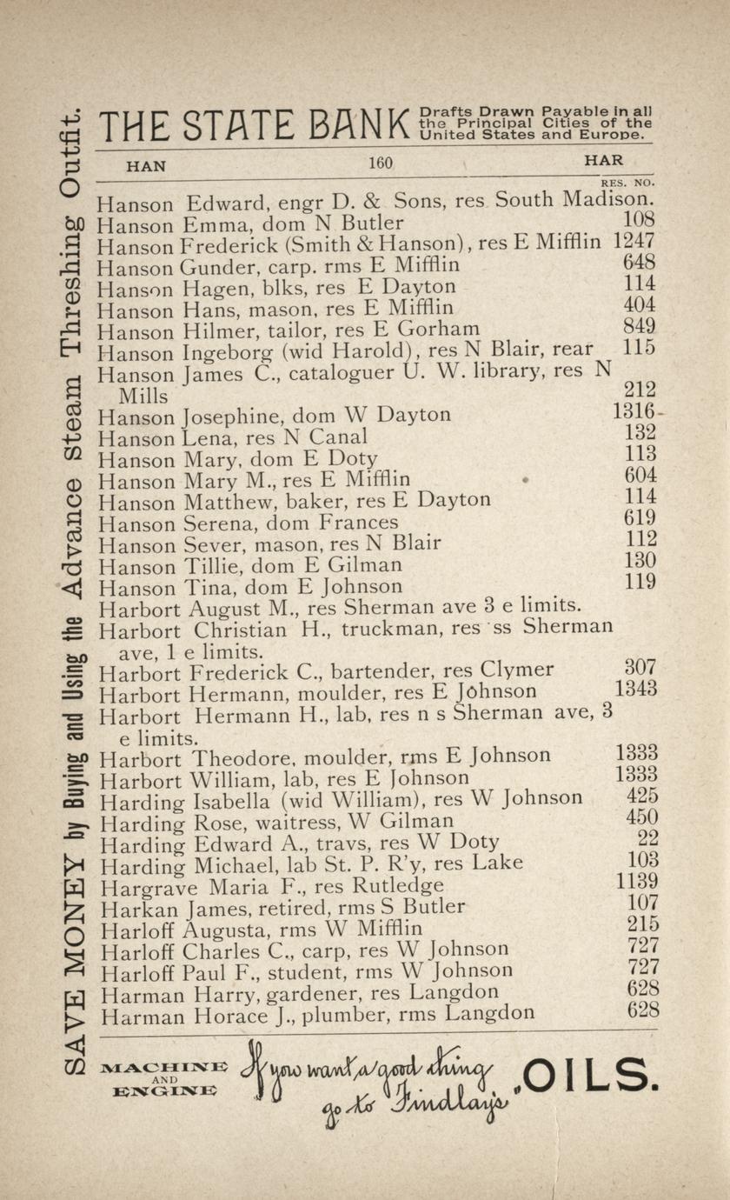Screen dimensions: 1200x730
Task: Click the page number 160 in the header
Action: pos(381,163)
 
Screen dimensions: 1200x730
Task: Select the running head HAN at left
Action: pos(146,164)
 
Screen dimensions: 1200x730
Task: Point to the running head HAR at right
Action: pos(603,161)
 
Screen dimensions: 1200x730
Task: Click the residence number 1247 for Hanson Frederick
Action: pos(634,240)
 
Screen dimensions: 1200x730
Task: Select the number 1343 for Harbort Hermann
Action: pos(635,689)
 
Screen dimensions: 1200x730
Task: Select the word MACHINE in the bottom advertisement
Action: pos(164,1067)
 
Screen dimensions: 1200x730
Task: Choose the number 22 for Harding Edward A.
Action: pos(647,838)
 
